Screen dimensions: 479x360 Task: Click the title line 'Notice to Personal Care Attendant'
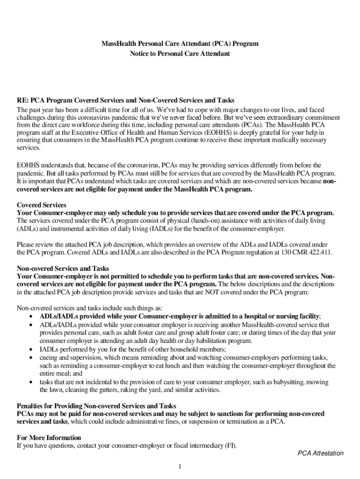coord(180,54)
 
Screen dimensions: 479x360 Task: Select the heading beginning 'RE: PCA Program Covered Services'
coord(125,101)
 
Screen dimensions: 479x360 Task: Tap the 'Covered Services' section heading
coord(42,205)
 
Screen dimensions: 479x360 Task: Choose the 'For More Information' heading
coord(49,437)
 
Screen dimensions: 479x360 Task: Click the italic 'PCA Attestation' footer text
coord(321,453)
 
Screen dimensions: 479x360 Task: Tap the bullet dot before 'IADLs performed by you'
coord(31,349)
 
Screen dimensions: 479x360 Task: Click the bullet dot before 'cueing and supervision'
coord(31,357)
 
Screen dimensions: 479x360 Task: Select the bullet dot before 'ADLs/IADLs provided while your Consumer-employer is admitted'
coord(31,317)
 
